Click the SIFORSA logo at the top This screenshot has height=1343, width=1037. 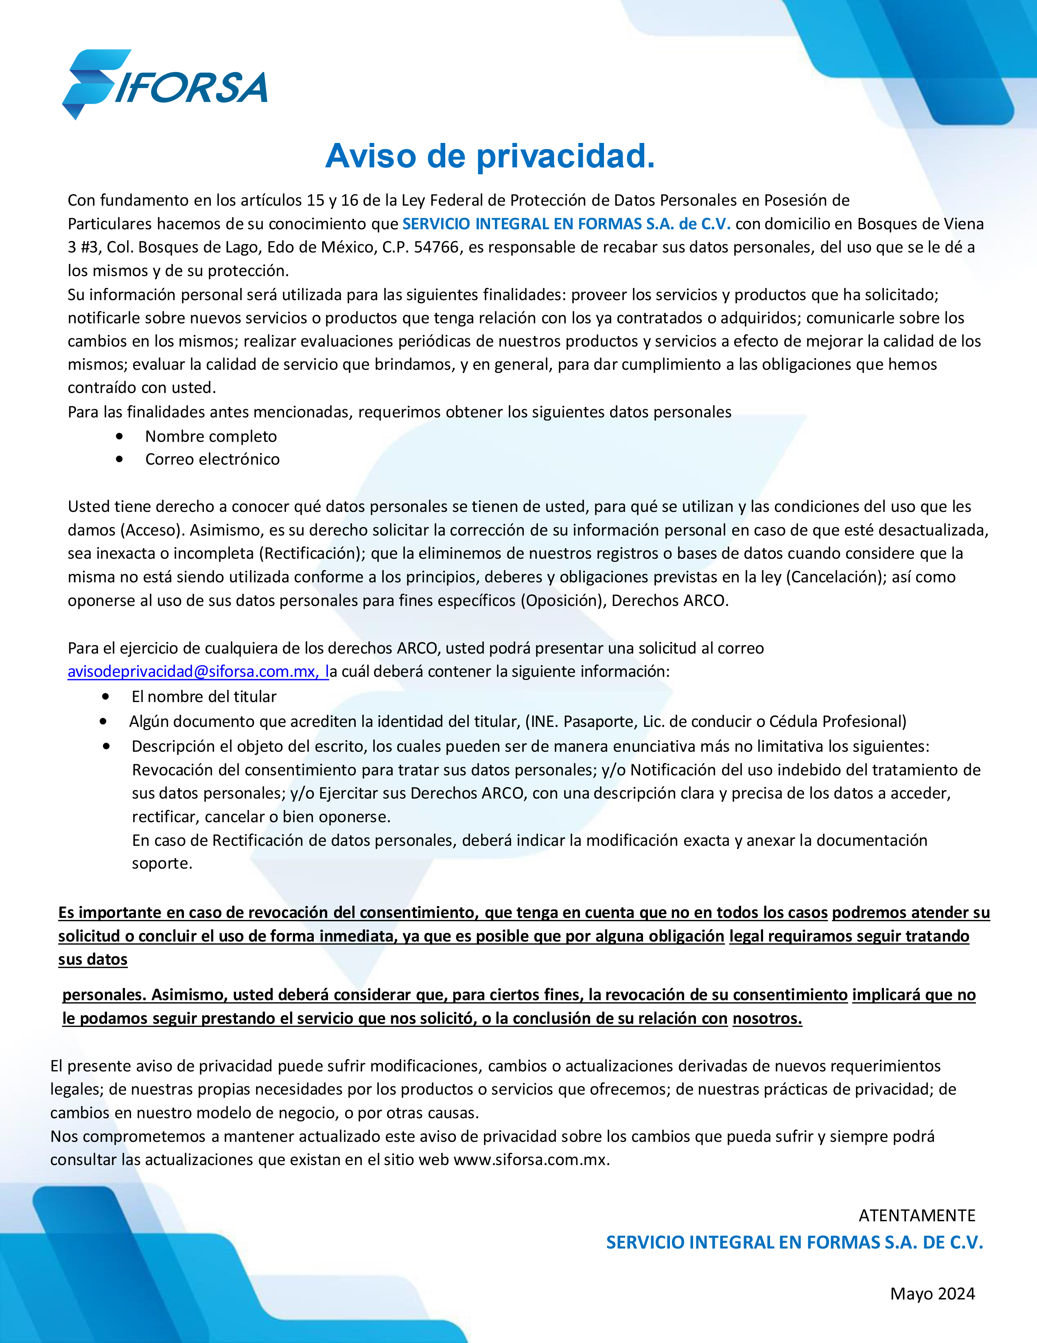click(165, 85)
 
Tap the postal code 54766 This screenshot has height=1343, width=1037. click(436, 247)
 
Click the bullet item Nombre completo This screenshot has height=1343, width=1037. click(211, 437)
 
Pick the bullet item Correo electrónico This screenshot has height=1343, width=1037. click(212, 459)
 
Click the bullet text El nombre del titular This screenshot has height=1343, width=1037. click(203, 697)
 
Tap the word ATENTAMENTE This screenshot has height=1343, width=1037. click(917, 1216)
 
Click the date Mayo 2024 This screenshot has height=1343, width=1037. click(932, 1294)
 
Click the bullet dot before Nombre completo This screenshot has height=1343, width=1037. click(119, 437)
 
